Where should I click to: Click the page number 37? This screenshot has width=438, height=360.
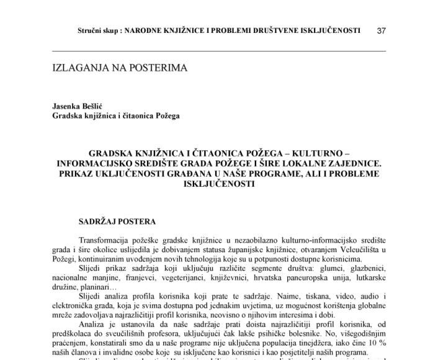[x=382, y=30]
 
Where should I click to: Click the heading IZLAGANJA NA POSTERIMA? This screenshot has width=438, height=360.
[x=119, y=67]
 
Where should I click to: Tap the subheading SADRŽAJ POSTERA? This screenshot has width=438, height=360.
[x=117, y=222]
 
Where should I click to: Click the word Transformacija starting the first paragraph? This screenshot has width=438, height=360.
[x=109, y=240]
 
